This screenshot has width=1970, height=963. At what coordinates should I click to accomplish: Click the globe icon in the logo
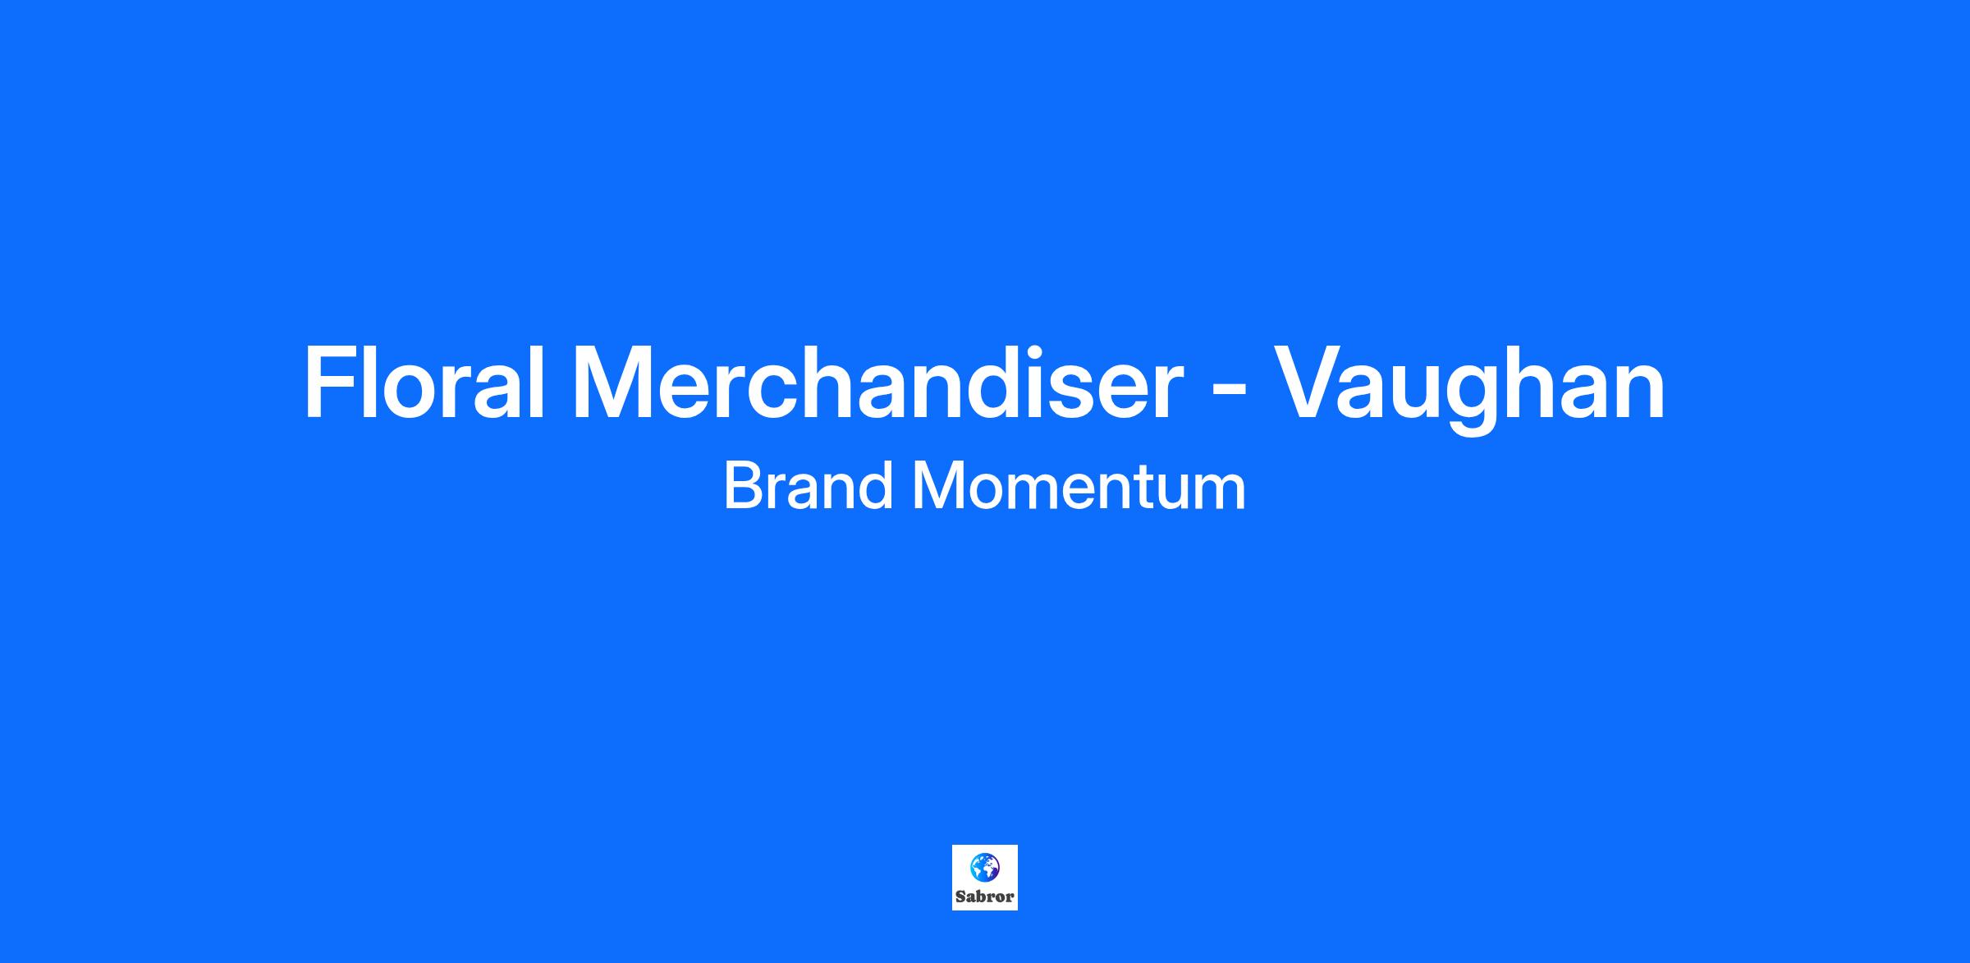point(984,866)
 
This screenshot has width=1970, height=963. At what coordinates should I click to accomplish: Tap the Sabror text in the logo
point(984,897)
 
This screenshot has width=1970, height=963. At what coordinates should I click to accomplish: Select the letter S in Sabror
point(961,897)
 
